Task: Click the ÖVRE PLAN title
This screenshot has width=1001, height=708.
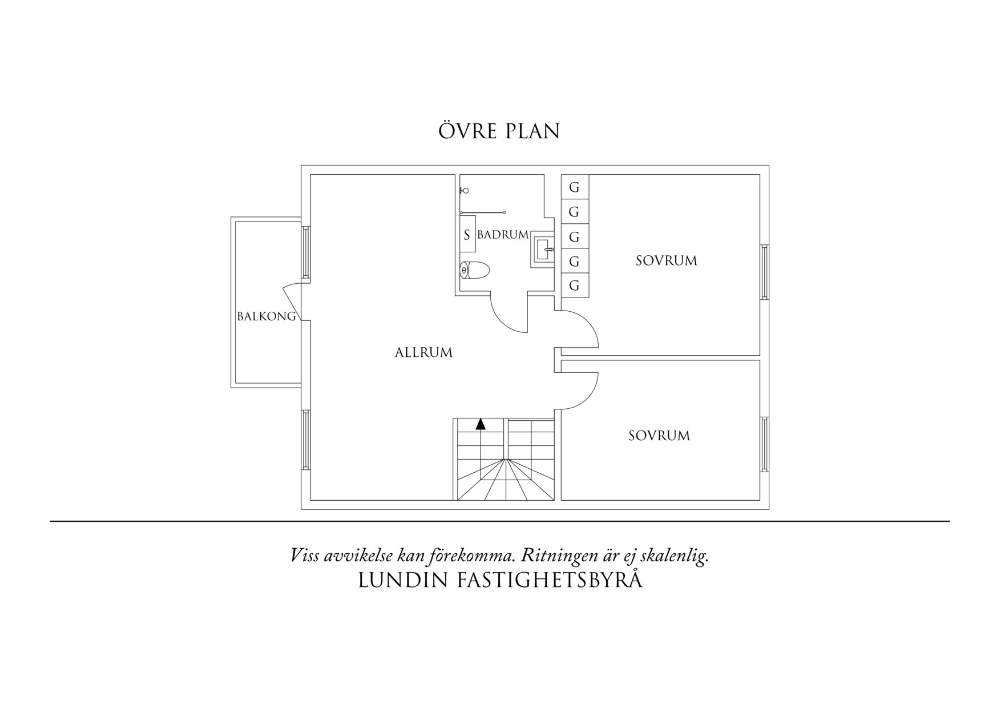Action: pos(499,130)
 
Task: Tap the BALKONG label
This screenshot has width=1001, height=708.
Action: pos(267,316)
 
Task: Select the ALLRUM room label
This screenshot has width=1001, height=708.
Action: pos(423,353)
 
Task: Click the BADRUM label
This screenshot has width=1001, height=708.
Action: pos(503,235)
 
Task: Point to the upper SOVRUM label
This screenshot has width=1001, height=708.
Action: pos(667,261)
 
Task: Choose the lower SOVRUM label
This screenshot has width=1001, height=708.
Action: pos(659,436)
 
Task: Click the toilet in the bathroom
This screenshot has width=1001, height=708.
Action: pos(474,270)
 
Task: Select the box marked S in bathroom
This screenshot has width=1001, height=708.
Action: pos(467,234)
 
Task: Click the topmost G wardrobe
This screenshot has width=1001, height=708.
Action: pos(575,187)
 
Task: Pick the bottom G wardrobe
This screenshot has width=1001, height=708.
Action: pos(575,285)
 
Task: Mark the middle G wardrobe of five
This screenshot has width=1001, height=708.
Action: pos(575,236)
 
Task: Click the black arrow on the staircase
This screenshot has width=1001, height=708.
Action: pos(481,425)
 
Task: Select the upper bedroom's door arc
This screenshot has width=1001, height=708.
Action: pos(588,323)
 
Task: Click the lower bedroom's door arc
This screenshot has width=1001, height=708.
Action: pos(588,397)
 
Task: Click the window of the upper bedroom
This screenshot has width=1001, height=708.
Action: pos(764,272)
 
